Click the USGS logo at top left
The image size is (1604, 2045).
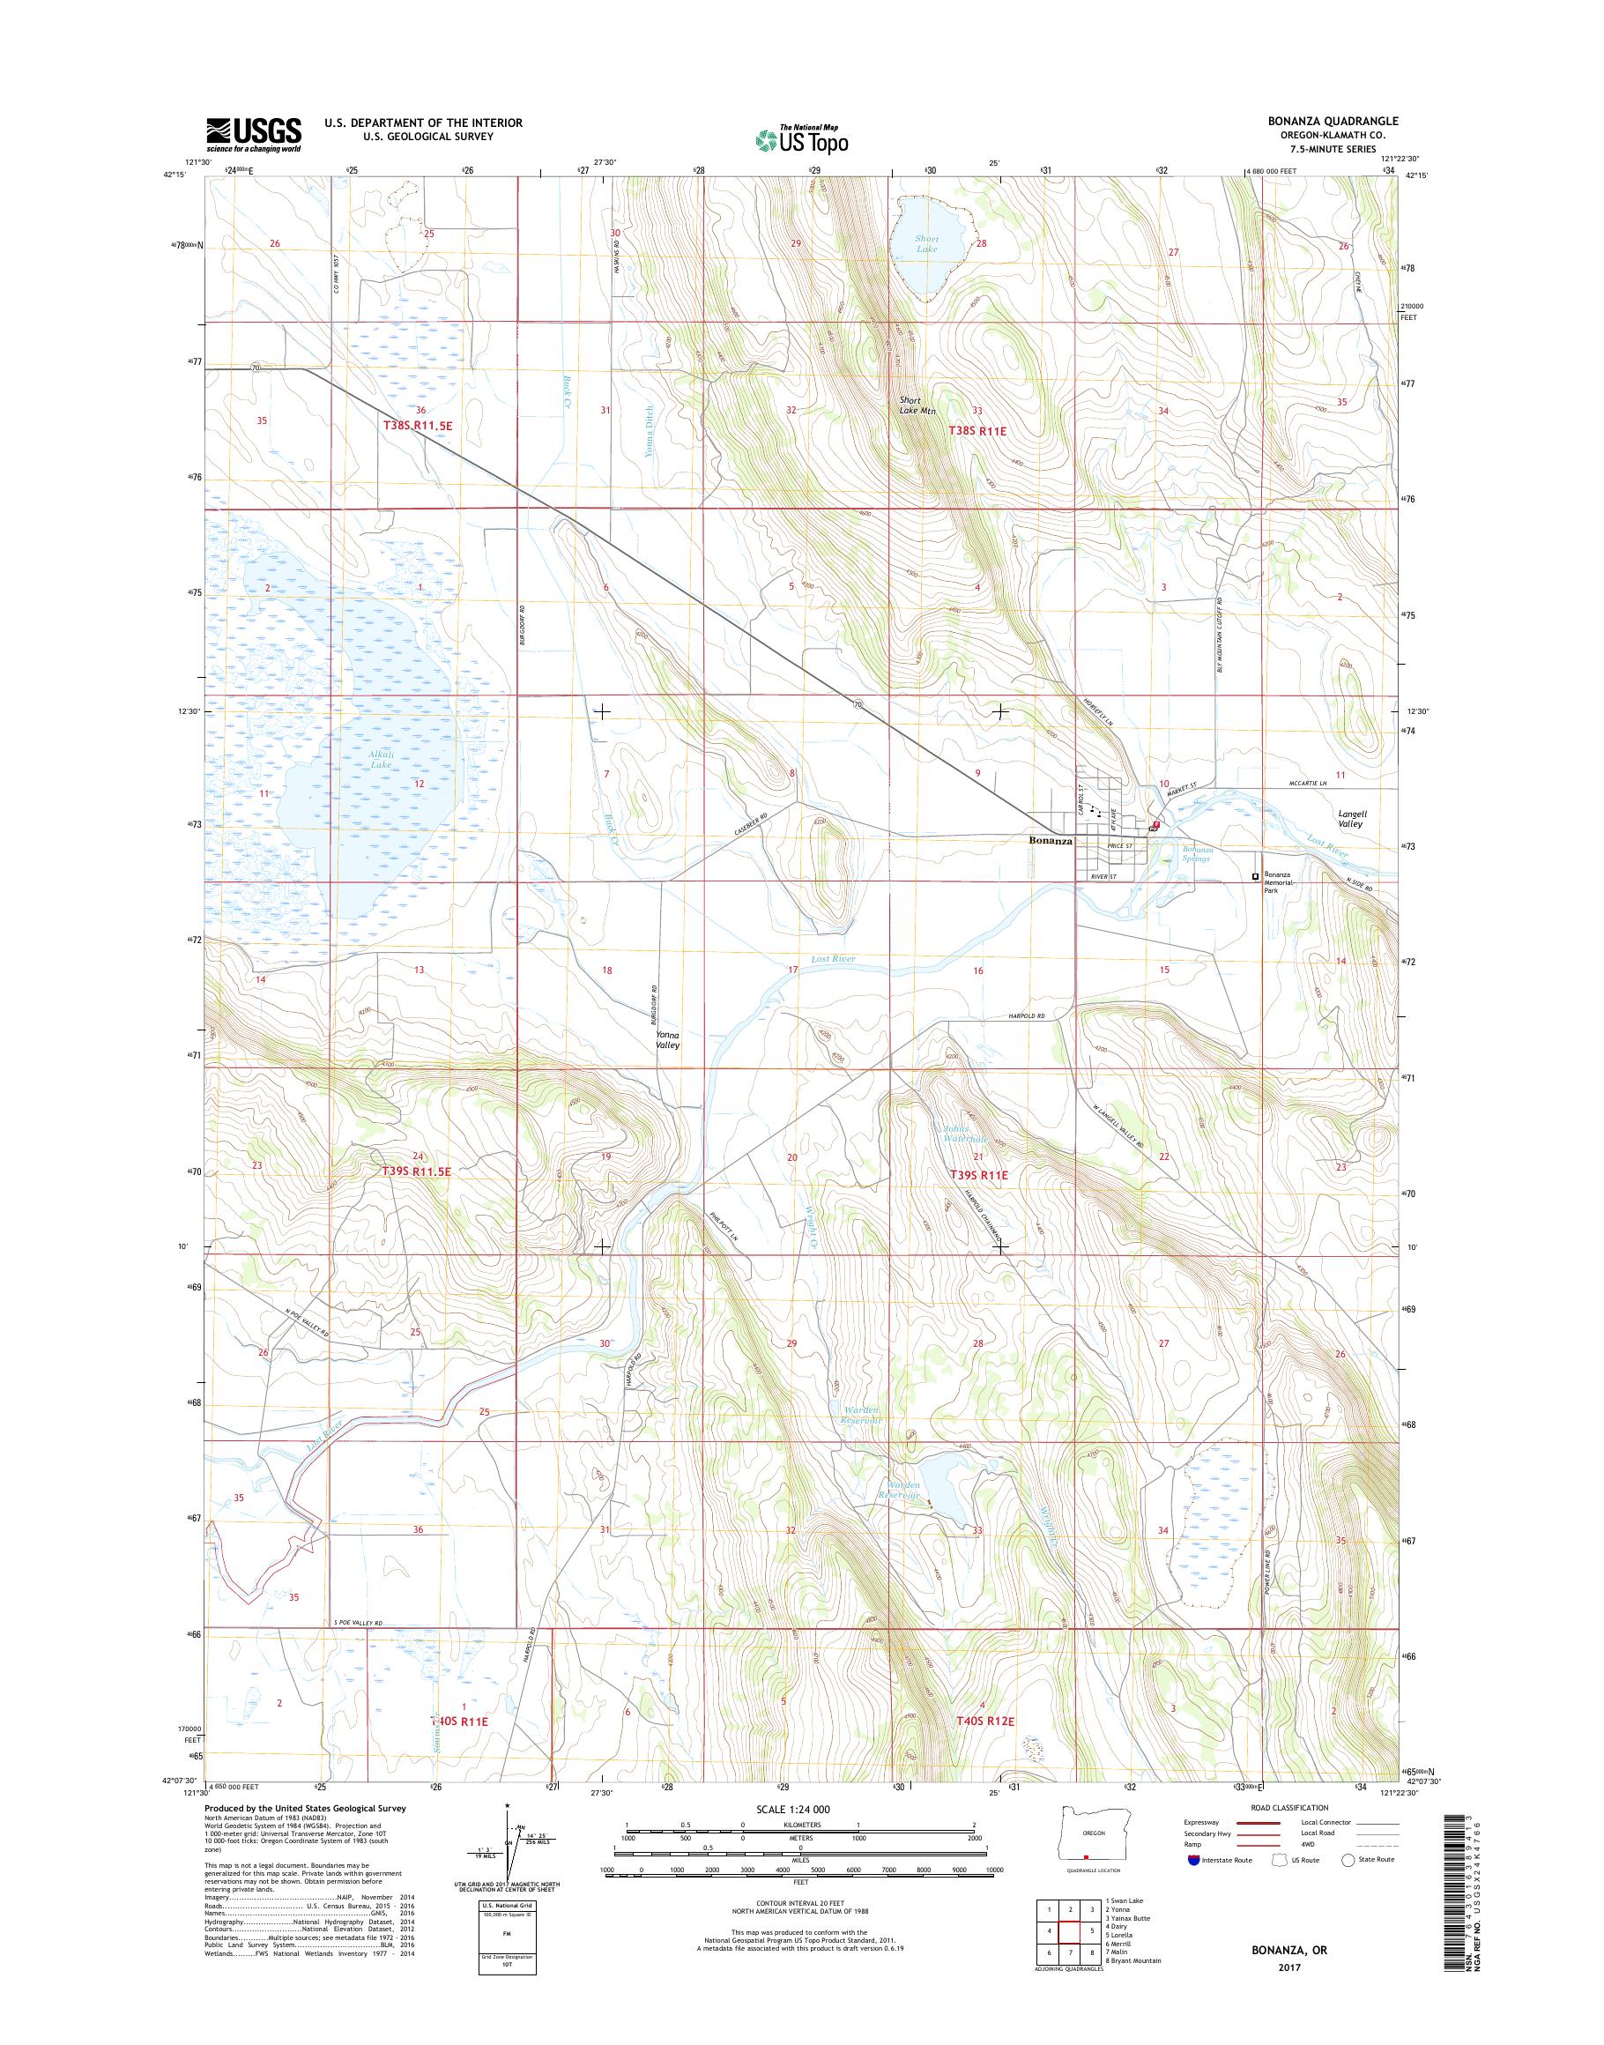(254, 134)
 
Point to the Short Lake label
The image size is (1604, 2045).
(927, 244)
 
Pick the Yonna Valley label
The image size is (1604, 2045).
(668, 1039)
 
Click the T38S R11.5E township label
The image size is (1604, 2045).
(418, 426)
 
